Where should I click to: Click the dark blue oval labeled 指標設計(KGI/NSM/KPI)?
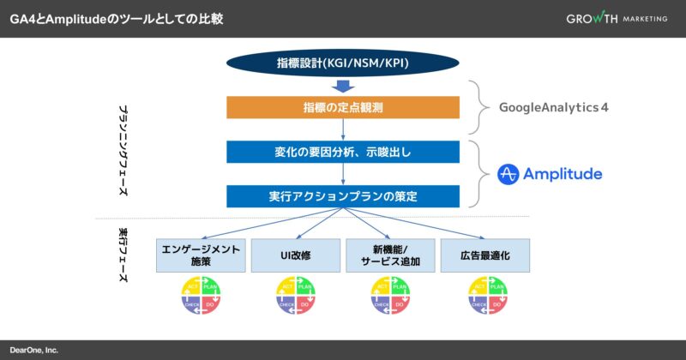coord(343,63)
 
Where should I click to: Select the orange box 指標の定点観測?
coord(343,107)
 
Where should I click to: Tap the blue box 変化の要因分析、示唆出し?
coord(343,152)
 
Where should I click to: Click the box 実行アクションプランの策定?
coord(343,196)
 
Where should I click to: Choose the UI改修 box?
coord(296,255)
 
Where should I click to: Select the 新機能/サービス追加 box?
coord(390,255)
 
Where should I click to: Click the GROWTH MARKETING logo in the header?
coord(616,19)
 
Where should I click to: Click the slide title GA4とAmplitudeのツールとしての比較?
coord(117,18)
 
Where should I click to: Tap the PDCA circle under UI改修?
coord(296,298)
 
